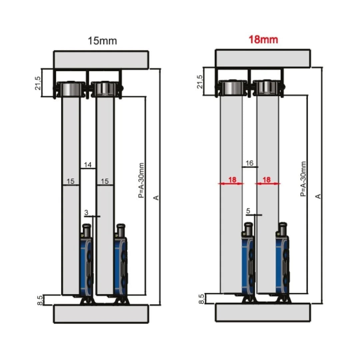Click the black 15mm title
102,41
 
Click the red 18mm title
263,39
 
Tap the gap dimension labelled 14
88,164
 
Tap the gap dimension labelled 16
249,163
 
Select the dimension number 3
86,212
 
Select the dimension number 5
248,211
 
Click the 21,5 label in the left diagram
38,83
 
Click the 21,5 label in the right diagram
200,81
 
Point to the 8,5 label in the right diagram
201,299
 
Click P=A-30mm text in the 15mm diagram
141,180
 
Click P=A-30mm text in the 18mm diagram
303,179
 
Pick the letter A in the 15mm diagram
156,198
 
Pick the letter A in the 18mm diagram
318,196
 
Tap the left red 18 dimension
232,180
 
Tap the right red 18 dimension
266,180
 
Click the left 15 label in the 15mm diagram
70,181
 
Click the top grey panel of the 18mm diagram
263,58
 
